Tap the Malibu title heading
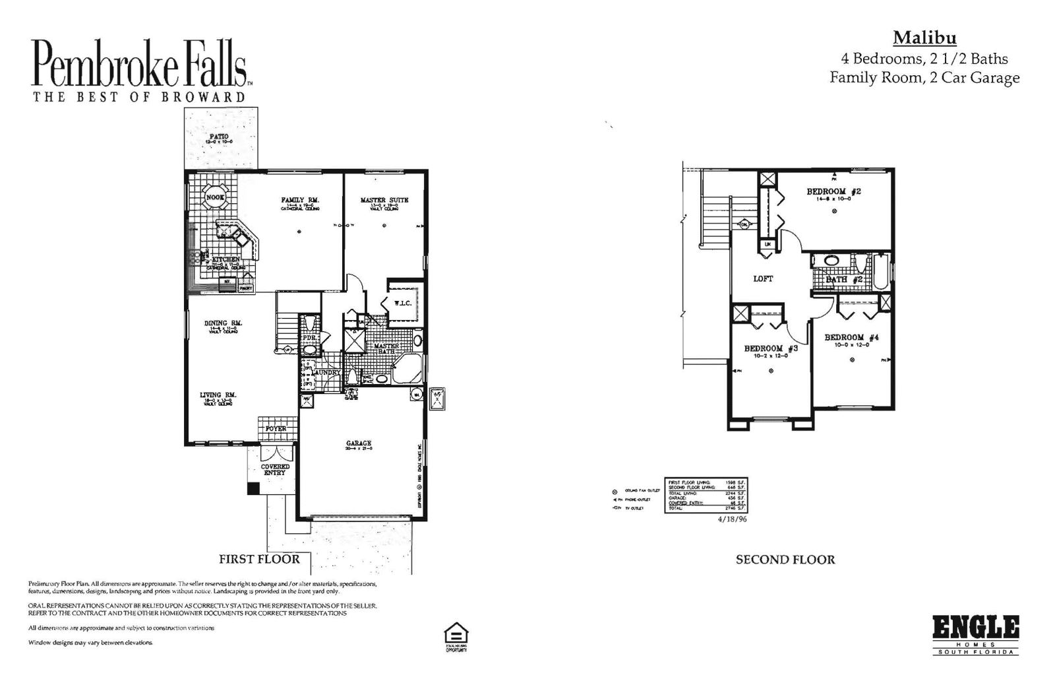pyautogui.click(x=924, y=38)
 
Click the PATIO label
pyautogui.click(x=219, y=136)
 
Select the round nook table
pyautogui.click(x=216, y=197)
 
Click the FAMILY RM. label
pyautogui.click(x=300, y=200)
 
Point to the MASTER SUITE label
pyautogui.click(x=384, y=200)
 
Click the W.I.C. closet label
pyautogui.click(x=403, y=304)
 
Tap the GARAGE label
pyautogui.click(x=359, y=443)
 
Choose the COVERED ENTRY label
pyautogui.click(x=276, y=470)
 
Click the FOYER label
pyautogui.click(x=276, y=429)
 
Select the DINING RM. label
pyautogui.click(x=223, y=323)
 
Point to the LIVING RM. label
pyautogui.click(x=218, y=395)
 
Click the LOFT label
pyautogui.click(x=763, y=279)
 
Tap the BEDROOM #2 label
pyautogui.click(x=833, y=192)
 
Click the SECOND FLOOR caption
pyautogui.click(x=785, y=560)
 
